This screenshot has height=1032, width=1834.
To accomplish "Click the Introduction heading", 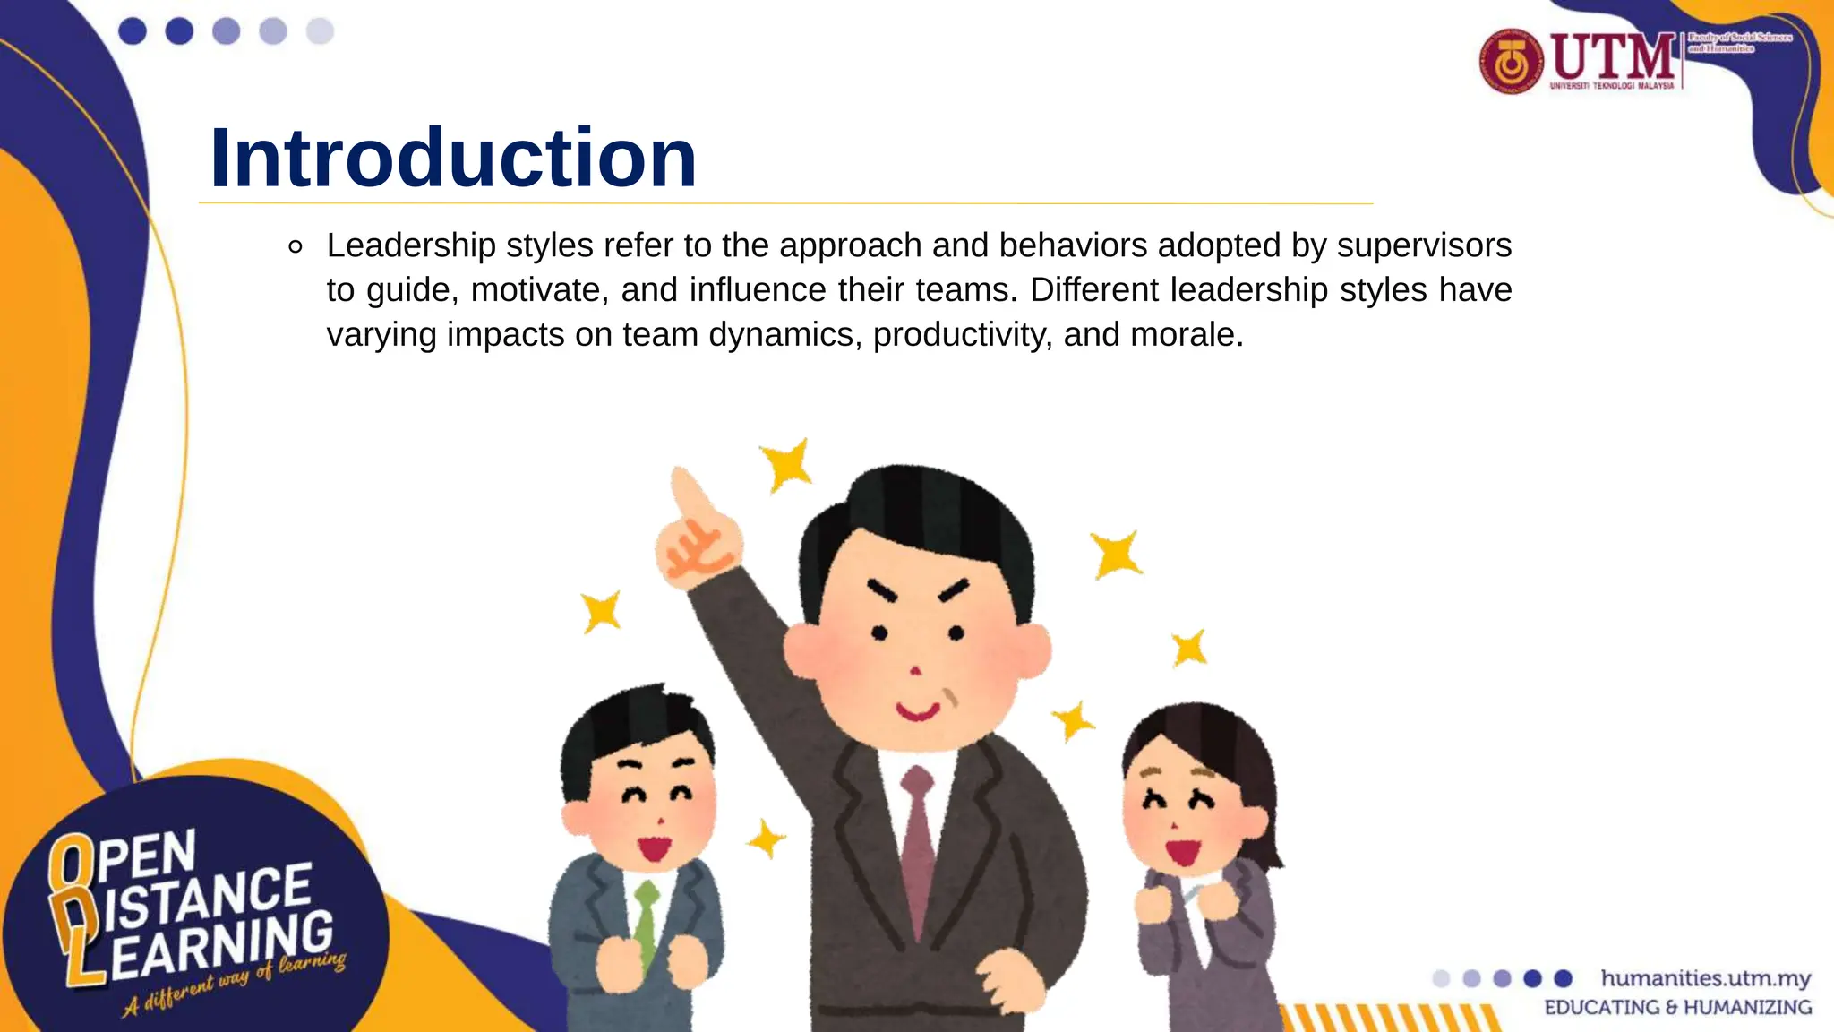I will [452, 159].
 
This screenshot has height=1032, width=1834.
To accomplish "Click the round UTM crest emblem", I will [1511, 61].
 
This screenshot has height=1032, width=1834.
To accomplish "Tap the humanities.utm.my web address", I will [1705, 977].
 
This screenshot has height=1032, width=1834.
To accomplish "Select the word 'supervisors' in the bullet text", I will [1424, 245].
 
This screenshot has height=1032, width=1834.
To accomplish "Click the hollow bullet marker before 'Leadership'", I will [296, 247].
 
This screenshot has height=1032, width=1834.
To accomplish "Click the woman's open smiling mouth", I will [1182, 849].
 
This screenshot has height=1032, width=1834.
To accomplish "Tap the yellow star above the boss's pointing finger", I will [786, 464].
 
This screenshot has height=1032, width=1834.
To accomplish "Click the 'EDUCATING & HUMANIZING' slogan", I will [1677, 1008].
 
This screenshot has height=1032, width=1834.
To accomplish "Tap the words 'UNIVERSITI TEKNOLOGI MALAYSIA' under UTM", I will [1611, 86].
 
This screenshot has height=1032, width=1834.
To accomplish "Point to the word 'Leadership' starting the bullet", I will [411, 245].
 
